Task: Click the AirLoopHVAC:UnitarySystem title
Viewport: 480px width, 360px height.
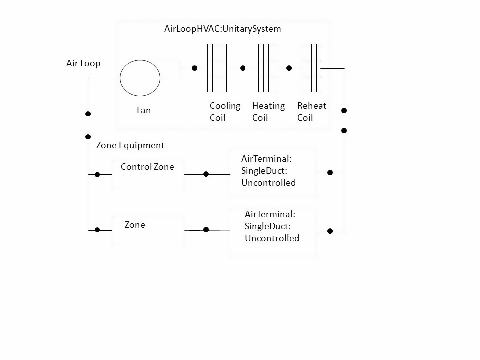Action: coord(222,29)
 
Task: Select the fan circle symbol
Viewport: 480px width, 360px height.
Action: coord(140,77)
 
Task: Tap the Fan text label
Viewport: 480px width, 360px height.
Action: coord(144,110)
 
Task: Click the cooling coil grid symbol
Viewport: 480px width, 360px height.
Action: coord(217,68)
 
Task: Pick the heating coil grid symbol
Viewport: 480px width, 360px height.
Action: coord(268,68)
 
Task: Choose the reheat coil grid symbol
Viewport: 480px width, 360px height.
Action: coord(311,68)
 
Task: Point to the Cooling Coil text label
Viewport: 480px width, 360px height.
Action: coord(225,112)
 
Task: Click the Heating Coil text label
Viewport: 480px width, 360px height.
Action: coord(268,112)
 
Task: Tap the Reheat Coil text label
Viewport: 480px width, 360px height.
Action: coord(311,112)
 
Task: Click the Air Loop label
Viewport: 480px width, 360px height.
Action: coord(83,63)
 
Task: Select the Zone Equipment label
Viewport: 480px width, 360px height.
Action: coord(130,145)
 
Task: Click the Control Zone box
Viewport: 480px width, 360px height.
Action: coord(148,174)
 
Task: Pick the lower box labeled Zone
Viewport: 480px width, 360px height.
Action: coord(148,230)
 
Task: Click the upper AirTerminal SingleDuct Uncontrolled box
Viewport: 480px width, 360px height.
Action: coord(273,172)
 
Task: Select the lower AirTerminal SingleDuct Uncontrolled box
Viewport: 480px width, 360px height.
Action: coord(273,232)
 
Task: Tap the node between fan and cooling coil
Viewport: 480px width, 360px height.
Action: coord(194,68)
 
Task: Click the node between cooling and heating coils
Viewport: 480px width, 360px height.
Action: coord(243,68)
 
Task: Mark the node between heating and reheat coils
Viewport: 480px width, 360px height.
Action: coord(289,68)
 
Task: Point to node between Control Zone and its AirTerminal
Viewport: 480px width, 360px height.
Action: coord(206,174)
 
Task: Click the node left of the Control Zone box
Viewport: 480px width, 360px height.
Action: coord(97,175)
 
